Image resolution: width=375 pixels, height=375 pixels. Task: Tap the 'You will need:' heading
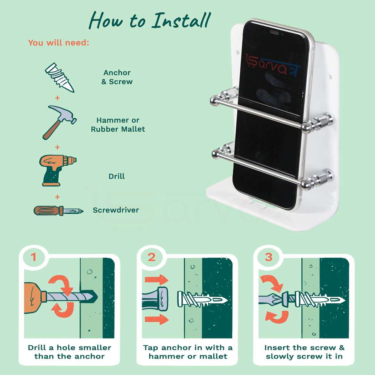59,43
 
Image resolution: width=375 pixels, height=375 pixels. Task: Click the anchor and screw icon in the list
59,77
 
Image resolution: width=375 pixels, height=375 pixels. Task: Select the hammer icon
59,122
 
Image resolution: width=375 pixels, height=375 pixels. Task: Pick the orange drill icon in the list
57,170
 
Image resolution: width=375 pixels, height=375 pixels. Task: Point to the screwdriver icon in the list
58,211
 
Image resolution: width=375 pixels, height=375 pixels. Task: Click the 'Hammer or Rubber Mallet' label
118,125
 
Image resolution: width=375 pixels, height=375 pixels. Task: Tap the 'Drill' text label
117,176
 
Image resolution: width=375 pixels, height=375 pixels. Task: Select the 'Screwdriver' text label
116,210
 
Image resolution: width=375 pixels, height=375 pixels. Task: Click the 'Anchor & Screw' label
117,77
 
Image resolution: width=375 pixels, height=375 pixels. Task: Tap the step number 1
34,257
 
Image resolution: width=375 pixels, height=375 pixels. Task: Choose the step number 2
152,257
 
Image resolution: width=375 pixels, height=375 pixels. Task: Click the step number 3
269,257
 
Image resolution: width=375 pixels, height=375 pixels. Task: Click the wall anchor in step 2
202,299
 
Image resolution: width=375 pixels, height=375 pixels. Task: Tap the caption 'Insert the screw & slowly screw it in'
304,352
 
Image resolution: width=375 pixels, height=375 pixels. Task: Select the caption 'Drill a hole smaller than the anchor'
69,352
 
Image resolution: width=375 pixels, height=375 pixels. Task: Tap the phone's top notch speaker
275,32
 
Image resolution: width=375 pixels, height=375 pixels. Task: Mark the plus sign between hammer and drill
57,147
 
